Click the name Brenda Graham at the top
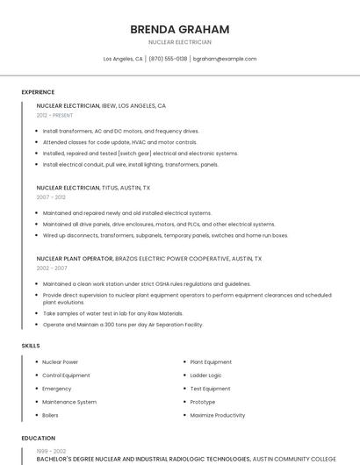point(179,29)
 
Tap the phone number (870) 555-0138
point(168,59)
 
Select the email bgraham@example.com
point(225,59)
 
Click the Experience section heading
point(38,92)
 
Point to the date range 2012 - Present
point(55,115)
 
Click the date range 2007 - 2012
point(51,197)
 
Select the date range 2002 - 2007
point(51,268)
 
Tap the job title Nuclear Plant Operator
point(75,259)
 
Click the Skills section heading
point(31,346)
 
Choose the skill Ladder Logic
point(206,376)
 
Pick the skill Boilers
point(50,415)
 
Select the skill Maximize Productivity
point(217,415)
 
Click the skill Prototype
point(203,402)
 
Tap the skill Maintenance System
point(69,402)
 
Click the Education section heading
point(39,438)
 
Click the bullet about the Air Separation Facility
point(122,325)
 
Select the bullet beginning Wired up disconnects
point(165,235)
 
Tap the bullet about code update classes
point(119,142)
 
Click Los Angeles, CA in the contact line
point(123,59)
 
